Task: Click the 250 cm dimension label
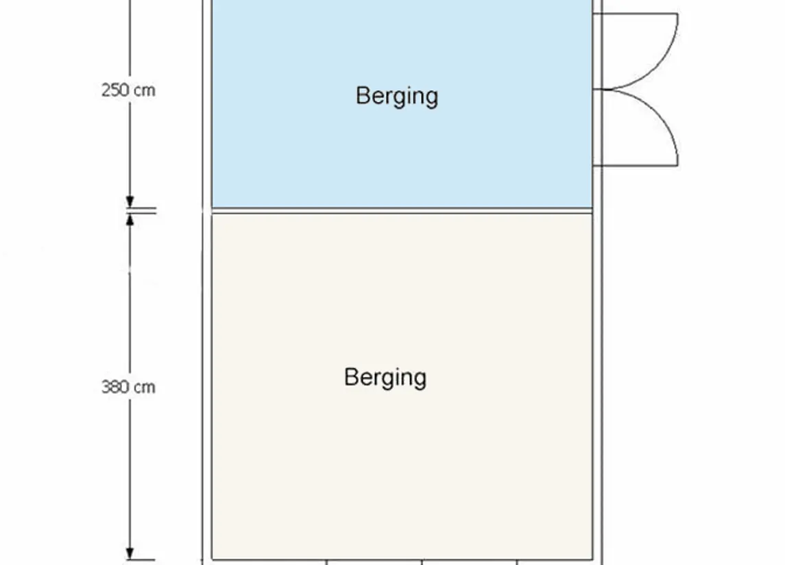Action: (x=128, y=90)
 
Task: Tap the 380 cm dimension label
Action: (x=128, y=387)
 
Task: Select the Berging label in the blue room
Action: (x=397, y=96)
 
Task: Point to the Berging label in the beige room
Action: (x=385, y=377)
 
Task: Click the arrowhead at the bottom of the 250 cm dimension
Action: (x=130, y=202)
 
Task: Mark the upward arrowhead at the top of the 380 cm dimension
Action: (x=130, y=220)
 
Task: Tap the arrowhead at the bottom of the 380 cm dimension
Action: (x=130, y=553)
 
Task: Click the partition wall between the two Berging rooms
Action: (x=402, y=211)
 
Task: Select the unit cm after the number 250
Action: (x=145, y=92)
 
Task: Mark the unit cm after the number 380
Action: (x=145, y=388)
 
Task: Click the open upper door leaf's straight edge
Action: (x=636, y=14)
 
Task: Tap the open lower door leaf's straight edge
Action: (x=636, y=165)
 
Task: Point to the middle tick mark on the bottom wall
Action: (x=422, y=562)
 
